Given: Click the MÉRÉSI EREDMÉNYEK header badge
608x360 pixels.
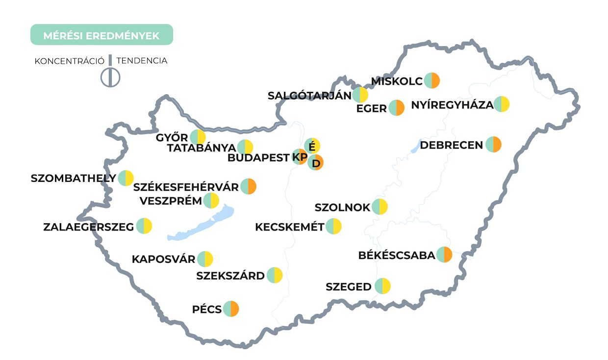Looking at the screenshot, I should [101, 35].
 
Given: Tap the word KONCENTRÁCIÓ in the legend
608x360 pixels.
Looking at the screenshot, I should [69, 61].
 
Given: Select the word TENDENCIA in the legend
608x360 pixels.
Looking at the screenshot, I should [142, 61].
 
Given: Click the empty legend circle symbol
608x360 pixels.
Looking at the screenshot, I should [110, 77].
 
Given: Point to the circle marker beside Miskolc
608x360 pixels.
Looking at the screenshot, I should [432, 80].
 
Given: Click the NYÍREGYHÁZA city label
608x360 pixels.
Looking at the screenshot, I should [452, 105].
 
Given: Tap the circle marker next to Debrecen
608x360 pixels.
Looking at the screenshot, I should [493, 145].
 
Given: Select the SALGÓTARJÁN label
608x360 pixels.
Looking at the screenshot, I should [309, 96].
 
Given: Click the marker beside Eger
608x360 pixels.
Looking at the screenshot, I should [396, 108].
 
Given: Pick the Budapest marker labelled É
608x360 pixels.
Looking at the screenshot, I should [312, 146].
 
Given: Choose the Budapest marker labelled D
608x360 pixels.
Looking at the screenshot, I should [316, 162].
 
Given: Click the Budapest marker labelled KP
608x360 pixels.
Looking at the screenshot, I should [300, 157].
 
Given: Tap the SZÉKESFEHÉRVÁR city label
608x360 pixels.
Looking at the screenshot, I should [186, 187].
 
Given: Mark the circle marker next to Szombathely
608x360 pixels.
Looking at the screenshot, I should [126, 178].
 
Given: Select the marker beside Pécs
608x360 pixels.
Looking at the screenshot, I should [230, 309].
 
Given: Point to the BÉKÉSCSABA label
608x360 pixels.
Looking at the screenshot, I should [396, 256].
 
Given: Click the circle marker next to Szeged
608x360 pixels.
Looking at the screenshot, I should [382, 286].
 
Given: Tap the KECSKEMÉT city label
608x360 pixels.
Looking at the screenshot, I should [290, 227].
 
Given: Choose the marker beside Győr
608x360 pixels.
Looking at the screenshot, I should [198, 137].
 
